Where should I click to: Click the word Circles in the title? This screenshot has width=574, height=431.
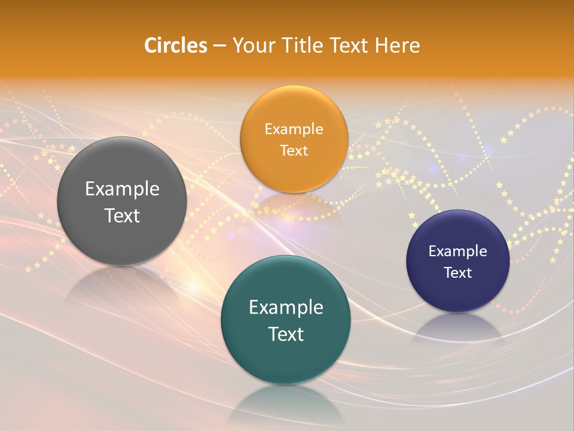point(175,45)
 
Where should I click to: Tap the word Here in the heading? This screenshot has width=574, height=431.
point(397,45)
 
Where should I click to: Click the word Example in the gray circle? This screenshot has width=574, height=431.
point(122,189)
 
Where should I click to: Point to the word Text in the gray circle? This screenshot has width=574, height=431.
point(122,215)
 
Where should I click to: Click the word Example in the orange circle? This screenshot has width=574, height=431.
point(294,129)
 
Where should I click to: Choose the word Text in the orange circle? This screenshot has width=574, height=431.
point(294,150)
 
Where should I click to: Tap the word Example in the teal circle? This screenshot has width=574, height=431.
point(286,307)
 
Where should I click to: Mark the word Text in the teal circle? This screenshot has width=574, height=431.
point(286,334)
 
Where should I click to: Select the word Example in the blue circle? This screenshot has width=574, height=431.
point(457,251)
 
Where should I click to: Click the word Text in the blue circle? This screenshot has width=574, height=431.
point(457,272)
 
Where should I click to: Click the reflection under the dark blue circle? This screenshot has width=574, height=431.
point(458,329)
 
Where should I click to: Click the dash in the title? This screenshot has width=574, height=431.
point(219,46)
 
